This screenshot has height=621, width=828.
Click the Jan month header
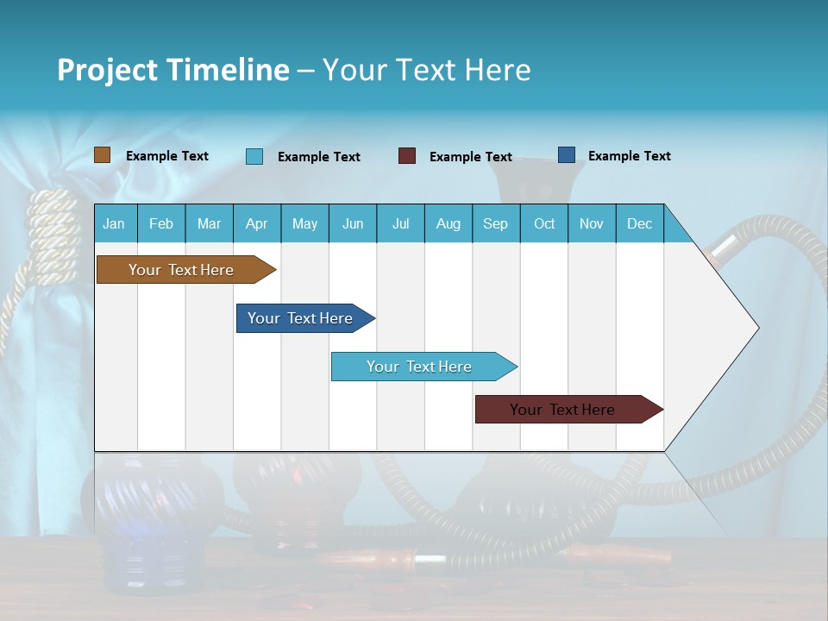(x=114, y=224)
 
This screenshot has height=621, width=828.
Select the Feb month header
(x=161, y=224)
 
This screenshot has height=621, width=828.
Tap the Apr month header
(x=256, y=224)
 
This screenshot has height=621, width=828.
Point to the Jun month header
(x=353, y=224)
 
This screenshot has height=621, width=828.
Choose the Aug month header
(x=448, y=224)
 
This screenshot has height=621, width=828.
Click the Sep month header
(x=495, y=224)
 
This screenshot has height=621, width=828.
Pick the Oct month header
(x=544, y=224)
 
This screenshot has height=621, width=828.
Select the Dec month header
(x=639, y=224)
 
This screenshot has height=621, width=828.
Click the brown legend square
(x=103, y=155)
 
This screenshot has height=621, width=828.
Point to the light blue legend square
(x=254, y=156)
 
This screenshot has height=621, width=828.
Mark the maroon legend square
(x=407, y=156)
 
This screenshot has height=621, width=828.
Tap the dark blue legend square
(x=567, y=155)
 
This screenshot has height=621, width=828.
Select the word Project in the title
(x=107, y=70)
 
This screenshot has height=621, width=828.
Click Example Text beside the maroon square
(x=470, y=157)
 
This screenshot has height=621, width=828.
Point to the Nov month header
(x=592, y=224)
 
